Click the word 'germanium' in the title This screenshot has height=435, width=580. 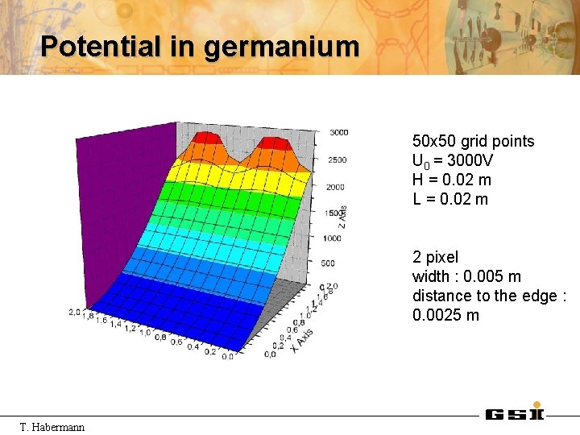[281, 46]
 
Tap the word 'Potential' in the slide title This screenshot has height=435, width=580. [101, 46]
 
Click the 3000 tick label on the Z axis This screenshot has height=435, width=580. [338, 132]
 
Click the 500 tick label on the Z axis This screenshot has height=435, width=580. [328, 263]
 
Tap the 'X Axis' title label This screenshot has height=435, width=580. [302, 339]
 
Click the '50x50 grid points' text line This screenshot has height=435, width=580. [473, 142]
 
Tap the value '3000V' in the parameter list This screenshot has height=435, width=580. [469, 161]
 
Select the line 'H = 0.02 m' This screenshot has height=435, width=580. [451, 180]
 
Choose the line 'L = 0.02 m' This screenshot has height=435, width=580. [450, 199]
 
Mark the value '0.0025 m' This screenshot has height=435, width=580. [445, 315]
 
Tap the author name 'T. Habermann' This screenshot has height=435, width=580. [52, 426]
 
